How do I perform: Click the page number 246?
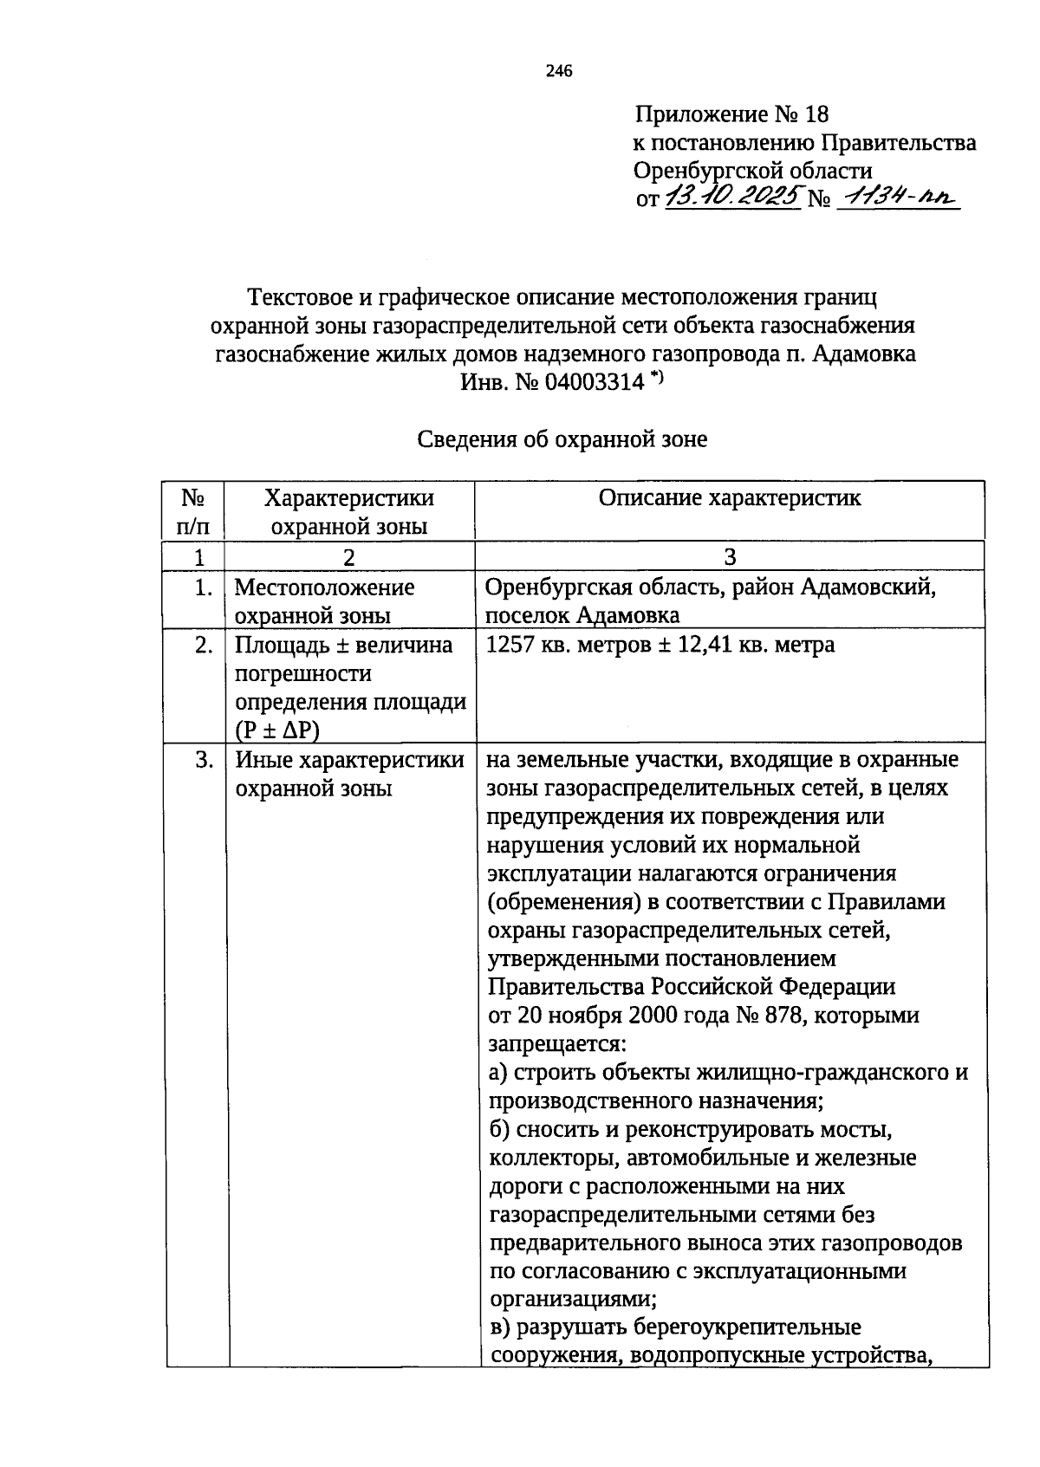coord(559,72)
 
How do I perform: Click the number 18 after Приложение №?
coord(816,114)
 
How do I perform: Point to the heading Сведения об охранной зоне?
coord(562,439)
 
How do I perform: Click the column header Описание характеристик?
coord(730,498)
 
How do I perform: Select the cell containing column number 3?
coord(730,556)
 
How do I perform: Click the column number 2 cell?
coord(348,557)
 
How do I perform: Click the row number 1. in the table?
coord(203,588)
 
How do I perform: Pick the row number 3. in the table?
coord(203,761)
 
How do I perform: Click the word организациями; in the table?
coord(573,1299)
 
